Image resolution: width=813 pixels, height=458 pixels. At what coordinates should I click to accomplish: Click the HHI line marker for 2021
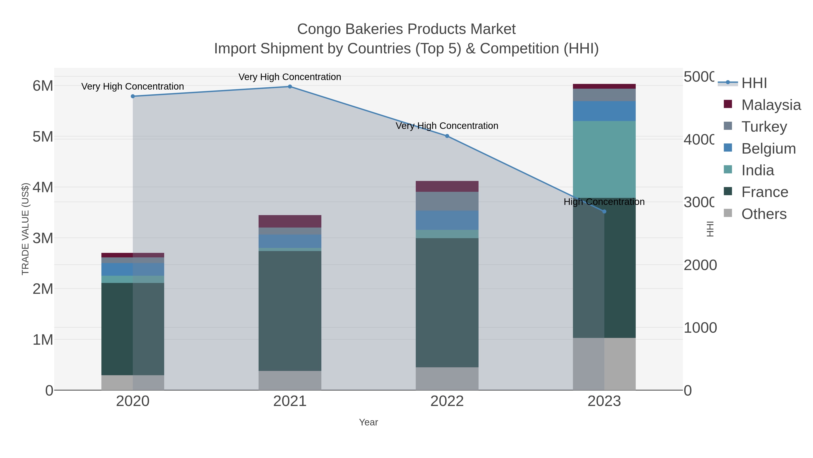tap(290, 87)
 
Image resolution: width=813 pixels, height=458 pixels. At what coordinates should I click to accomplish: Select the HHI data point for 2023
tap(604, 211)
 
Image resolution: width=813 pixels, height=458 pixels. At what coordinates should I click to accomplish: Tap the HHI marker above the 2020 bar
tap(133, 96)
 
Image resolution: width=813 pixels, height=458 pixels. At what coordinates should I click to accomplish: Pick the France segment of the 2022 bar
tap(447, 302)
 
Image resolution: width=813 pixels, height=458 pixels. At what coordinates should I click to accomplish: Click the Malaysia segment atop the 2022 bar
tap(447, 187)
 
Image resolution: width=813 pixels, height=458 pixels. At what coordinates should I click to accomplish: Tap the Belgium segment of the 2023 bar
tap(604, 111)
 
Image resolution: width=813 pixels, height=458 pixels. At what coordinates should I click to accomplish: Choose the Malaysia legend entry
tap(770, 105)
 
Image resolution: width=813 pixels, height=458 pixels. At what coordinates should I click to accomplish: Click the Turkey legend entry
tap(764, 127)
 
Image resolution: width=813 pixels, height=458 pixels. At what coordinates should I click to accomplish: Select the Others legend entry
tap(764, 214)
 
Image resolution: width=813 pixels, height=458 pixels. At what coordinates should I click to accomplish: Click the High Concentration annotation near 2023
tap(604, 202)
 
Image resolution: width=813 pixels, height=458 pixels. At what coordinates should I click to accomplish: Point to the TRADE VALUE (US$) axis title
tap(25, 229)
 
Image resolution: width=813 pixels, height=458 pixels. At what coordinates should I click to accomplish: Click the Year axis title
tap(368, 422)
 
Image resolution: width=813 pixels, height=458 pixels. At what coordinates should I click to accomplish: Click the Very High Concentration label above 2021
tap(290, 77)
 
